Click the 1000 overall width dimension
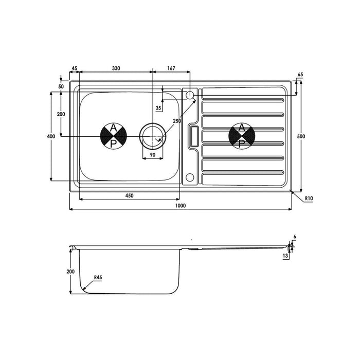click(x=179, y=206)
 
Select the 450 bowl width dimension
click(x=130, y=195)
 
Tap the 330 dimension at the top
click(x=116, y=68)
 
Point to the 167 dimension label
click(x=171, y=68)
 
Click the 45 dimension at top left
click(x=75, y=68)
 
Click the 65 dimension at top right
click(x=301, y=75)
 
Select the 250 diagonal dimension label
click(x=176, y=121)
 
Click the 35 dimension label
click(x=158, y=108)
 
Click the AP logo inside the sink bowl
click(x=113, y=136)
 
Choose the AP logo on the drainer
click(x=242, y=136)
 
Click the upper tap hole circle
click(x=189, y=95)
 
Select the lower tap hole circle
click(x=189, y=178)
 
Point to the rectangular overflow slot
click(x=194, y=136)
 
